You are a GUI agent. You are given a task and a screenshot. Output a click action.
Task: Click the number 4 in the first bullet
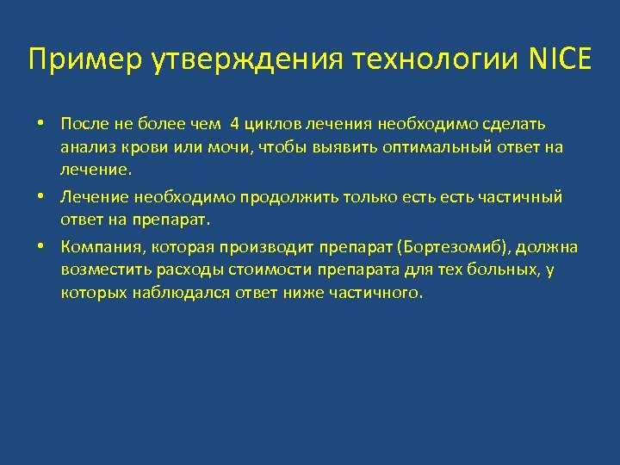click(x=235, y=125)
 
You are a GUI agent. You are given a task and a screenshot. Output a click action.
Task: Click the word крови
click(x=143, y=147)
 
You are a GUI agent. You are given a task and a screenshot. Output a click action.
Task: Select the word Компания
click(x=95, y=248)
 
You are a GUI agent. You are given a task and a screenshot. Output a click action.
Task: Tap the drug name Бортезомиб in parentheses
click(x=453, y=248)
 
